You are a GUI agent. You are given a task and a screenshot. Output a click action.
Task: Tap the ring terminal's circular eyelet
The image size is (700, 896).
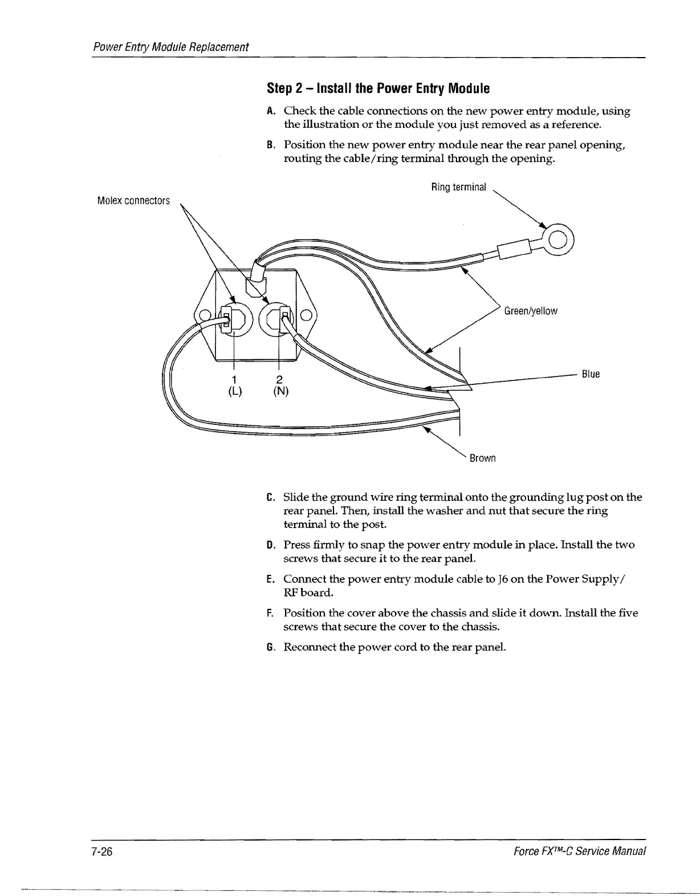tap(559, 238)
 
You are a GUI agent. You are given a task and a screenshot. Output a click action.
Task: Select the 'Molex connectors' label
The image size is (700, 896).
tap(133, 201)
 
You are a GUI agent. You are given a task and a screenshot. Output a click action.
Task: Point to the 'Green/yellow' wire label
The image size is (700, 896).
tap(531, 311)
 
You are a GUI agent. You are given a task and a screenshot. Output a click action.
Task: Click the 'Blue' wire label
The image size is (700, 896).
tap(591, 374)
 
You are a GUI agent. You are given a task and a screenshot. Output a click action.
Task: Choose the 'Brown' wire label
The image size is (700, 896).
tap(482, 458)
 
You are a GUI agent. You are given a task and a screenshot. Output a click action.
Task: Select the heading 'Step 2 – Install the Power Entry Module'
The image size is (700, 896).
tap(379, 88)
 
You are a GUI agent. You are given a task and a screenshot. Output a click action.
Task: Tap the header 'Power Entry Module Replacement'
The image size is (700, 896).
tap(171, 47)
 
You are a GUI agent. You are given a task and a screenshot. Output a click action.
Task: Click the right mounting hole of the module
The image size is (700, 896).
tap(306, 315)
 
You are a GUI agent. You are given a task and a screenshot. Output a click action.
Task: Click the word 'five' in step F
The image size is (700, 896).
tap(628, 613)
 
